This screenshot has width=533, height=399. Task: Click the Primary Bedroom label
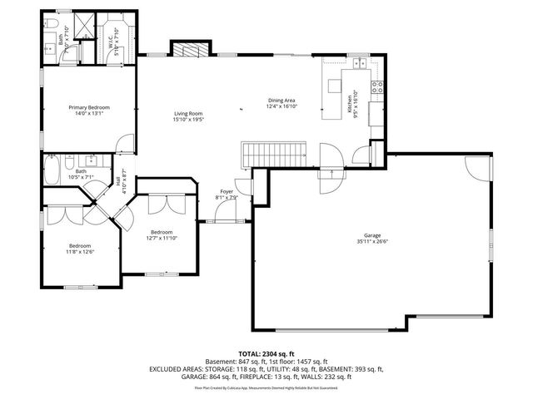pos(89,107)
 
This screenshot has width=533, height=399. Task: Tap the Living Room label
pos(188,113)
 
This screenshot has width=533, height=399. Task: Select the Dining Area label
pos(281,101)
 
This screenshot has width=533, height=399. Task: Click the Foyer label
pos(227,192)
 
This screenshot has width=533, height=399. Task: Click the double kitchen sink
pos(360,63)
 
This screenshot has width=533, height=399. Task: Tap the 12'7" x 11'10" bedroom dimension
pos(162,238)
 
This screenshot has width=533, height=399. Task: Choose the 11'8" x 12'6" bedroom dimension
pos(80,252)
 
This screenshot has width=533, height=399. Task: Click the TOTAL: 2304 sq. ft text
pos(266,353)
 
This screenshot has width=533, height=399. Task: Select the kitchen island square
pos(336,85)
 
